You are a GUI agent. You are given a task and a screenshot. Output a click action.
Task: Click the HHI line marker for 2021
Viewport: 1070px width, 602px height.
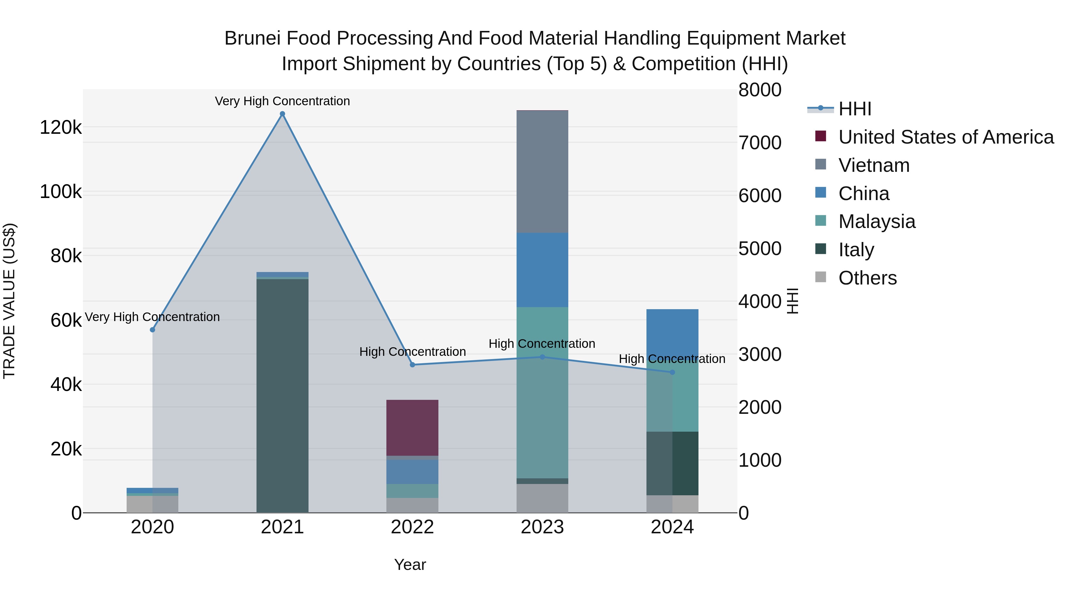coord(282,114)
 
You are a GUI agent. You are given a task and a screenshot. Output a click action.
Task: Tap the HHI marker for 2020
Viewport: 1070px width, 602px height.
coord(152,330)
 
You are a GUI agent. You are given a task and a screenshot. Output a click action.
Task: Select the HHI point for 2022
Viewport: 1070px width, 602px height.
coord(413,365)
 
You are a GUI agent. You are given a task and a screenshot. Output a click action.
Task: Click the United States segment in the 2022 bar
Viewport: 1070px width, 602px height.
coord(413,428)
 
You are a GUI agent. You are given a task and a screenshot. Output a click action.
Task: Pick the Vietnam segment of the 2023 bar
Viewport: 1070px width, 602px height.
coord(542,172)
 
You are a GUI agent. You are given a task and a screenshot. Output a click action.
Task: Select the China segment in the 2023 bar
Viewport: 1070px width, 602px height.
coord(542,270)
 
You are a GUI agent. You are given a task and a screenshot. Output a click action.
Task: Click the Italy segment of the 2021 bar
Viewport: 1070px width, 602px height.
coord(282,395)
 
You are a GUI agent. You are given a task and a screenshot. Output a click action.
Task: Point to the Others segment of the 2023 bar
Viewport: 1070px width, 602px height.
coord(542,498)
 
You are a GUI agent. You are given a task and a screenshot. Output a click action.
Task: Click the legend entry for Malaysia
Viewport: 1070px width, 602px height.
coord(877,221)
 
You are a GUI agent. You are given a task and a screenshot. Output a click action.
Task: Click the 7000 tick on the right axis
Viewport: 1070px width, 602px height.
coord(760,143)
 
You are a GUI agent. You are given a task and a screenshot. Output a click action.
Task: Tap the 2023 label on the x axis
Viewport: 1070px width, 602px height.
coord(542,527)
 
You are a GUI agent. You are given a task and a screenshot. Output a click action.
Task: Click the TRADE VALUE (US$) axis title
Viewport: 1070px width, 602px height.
coord(9,301)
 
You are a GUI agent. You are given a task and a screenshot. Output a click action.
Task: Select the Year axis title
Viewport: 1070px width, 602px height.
coord(410,565)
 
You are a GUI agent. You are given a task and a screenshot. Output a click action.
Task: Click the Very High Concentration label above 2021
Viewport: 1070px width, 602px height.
coord(282,101)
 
